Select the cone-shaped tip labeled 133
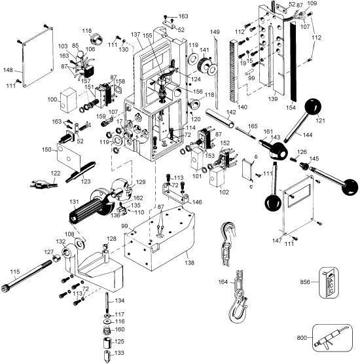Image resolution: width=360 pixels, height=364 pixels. [105, 356]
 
